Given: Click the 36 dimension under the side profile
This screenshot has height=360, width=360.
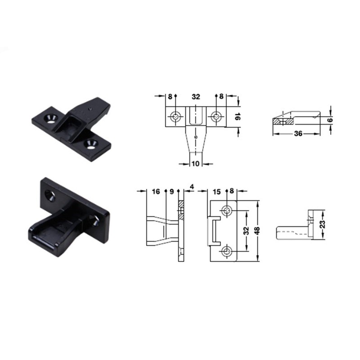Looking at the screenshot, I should pos(297,134).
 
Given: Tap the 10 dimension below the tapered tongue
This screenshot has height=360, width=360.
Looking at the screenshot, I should pos(195,164).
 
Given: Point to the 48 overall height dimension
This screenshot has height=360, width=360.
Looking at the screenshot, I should pos(257,230).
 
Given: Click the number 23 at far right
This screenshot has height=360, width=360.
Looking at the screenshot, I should pos(322,224).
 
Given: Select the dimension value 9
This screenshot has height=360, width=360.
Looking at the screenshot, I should pos(171,191).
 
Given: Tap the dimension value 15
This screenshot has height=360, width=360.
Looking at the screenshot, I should pos(216,191).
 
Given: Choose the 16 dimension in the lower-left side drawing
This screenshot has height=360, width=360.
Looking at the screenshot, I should pos(156,191).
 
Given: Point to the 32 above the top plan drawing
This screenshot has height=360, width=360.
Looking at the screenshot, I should pos(196,96).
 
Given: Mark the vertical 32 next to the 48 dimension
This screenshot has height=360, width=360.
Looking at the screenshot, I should pos(246,230).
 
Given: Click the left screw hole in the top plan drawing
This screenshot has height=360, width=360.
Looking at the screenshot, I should pos(175,117).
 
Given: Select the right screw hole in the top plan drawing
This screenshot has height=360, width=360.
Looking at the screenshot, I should pos(216,117).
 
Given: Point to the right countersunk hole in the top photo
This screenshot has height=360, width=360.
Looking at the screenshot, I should pos(93,144).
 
